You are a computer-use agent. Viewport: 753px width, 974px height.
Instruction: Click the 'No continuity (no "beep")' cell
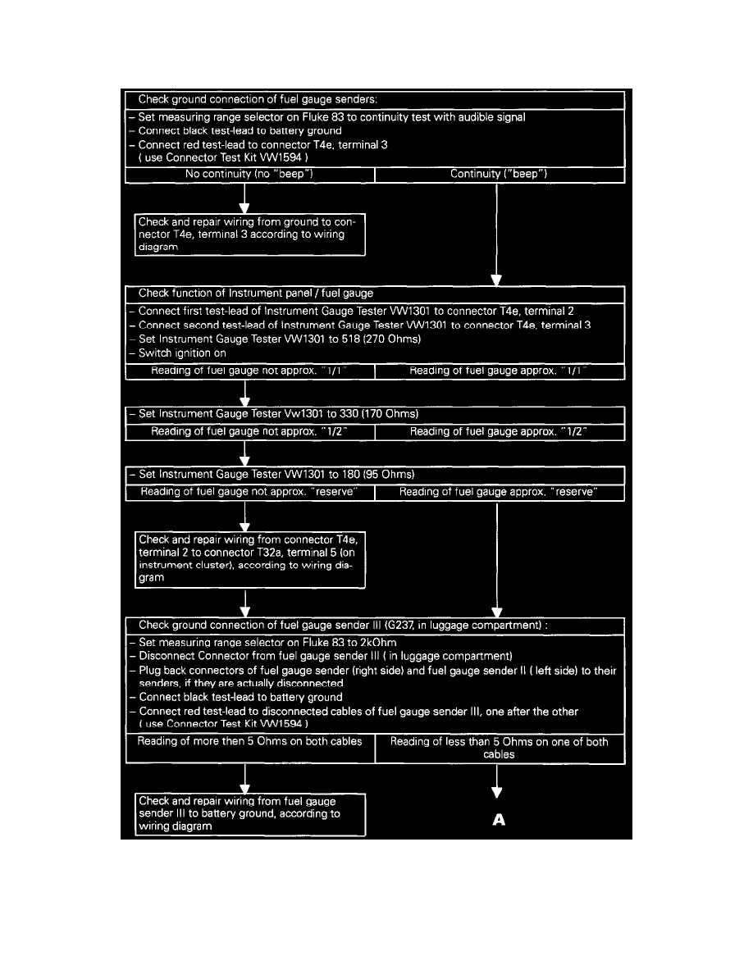point(249,175)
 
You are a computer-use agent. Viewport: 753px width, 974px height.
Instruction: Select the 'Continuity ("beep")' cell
point(499,175)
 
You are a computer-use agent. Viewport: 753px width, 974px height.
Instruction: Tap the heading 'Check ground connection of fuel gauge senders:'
point(258,100)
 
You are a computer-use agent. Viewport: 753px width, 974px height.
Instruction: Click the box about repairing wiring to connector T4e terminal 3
point(250,234)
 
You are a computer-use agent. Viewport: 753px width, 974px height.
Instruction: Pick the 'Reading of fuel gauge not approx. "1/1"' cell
point(249,371)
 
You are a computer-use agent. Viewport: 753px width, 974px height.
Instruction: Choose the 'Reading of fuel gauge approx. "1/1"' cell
point(499,371)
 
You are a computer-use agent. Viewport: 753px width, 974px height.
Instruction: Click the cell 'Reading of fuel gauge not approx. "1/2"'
point(249,432)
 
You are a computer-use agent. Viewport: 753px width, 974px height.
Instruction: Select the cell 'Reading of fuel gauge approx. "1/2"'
point(499,432)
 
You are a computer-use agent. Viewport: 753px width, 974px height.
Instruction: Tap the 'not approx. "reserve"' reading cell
point(249,493)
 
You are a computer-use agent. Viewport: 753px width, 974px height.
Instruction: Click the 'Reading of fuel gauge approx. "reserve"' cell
point(499,493)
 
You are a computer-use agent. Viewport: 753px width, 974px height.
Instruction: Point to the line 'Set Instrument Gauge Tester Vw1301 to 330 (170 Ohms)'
point(279,414)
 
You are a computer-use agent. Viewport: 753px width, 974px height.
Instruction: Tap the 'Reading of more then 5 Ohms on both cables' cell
point(249,742)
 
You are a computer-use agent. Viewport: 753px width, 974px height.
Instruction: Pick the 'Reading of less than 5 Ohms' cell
point(499,748)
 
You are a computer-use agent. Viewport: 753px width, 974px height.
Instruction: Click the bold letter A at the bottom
point(498,820)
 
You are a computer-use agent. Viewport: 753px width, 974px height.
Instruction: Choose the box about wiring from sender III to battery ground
point(250,814)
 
